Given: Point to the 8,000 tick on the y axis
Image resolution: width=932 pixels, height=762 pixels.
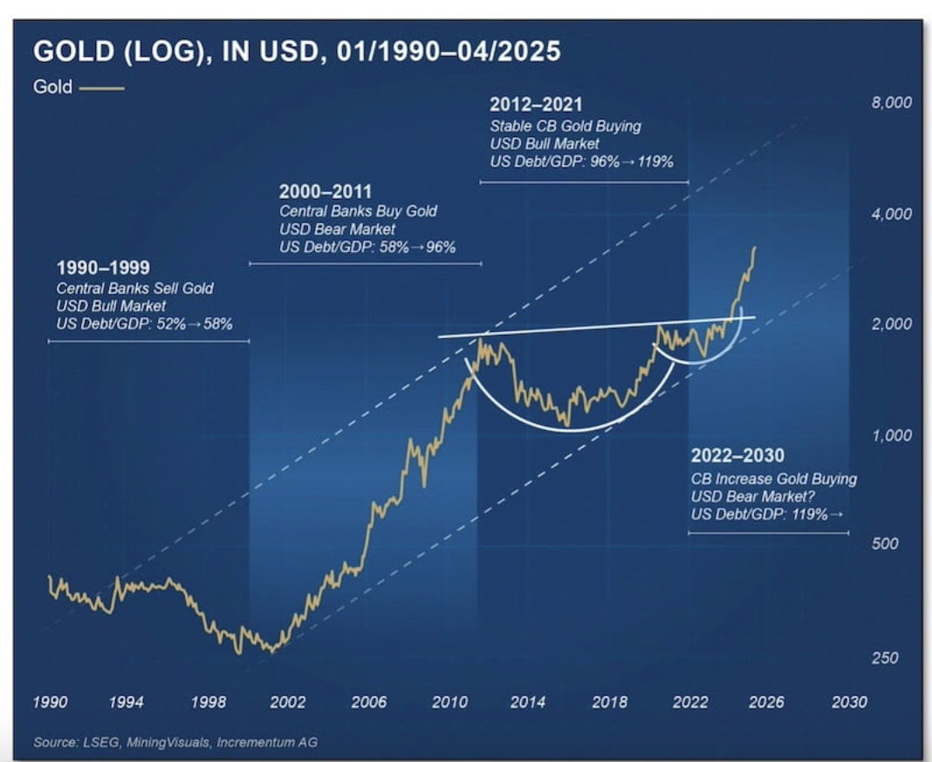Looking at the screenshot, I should coord(891,103).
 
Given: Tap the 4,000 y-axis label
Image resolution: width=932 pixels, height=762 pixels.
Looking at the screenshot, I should coord(891,214).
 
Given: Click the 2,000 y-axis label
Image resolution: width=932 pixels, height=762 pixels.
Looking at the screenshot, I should coord(891,324).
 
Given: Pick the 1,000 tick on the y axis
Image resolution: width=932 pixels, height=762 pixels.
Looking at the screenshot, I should coord(891,435).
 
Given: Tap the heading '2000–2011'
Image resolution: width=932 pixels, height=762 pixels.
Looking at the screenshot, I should coord(326,192).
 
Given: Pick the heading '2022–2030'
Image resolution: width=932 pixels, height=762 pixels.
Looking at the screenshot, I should coord(737,457).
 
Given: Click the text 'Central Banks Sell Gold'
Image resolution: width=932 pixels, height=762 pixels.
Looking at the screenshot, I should coord(134,289).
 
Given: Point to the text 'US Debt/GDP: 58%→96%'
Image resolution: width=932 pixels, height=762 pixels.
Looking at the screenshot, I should coord(367,248).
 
